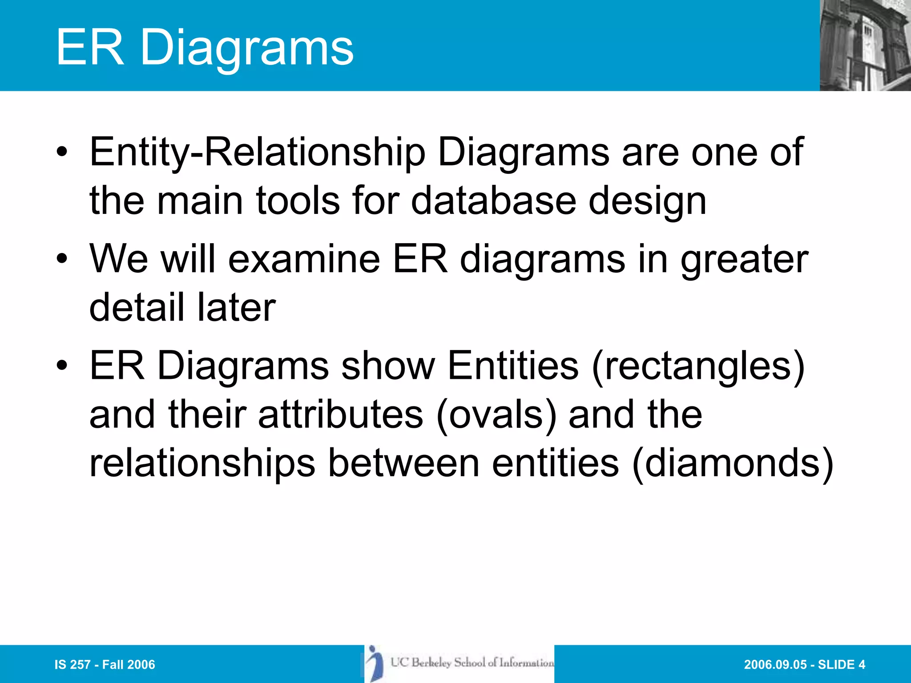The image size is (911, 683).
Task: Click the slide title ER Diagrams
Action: [x=205, y=48]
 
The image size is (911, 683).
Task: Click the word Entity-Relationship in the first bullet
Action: [x=257, y=153]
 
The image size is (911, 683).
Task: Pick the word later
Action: [x=236, y=308]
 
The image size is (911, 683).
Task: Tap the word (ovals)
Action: [x=496, y=415]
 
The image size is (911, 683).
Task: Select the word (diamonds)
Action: [x=733, y=463]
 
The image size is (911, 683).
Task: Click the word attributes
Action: [x=341, y=415]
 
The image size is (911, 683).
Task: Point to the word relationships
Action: [x=202, y=463]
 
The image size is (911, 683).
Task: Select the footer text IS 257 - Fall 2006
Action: [x=105, y=665]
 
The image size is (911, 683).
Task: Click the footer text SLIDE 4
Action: [x=841, y=665]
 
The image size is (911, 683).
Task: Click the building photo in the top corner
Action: [x=865, y=45]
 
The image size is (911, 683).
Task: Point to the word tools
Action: [x=298, y=201]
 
